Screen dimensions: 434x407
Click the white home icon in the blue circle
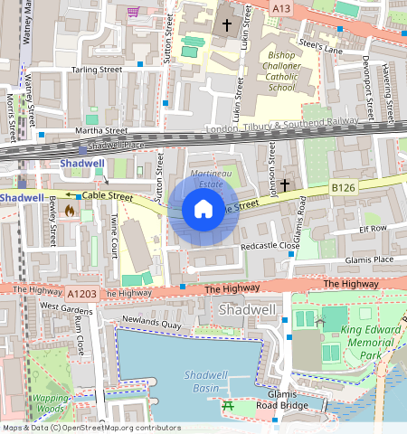(203, 210)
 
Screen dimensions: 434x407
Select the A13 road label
(283, 7)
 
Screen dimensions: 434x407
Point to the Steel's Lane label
(321, 46)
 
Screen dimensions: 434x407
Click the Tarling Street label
(97, 70)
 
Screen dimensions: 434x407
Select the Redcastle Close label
(270, 246)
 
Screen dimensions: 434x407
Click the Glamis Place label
(369, 259)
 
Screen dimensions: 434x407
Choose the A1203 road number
(80, 293)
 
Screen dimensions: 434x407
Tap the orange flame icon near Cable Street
(69, 211)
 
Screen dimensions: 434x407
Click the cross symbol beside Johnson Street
(285, 184)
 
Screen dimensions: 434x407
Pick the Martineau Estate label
(209, 178)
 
